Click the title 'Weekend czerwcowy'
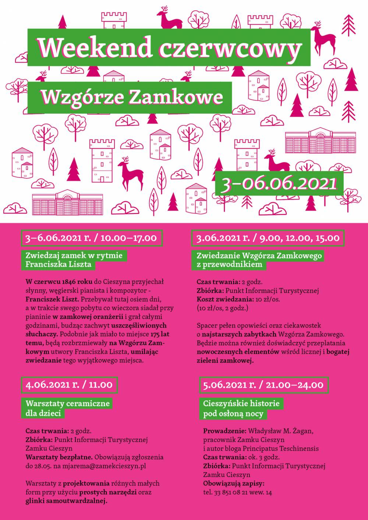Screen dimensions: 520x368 click(x=169, y=47)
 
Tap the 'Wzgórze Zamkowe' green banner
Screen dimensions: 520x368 click(x=131, y=97)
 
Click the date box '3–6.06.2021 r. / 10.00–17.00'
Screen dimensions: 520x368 click(x=91, y=238)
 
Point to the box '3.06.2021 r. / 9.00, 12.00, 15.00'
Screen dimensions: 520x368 click(x=268, y=238)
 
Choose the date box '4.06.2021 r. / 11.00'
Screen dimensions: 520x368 click(x=69, y=385)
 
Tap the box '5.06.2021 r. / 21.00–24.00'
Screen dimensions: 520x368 click(x=263, y=385)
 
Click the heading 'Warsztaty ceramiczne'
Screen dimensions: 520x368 click(x=68, y=403)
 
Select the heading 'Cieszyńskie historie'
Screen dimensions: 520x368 click(x=241, y=403)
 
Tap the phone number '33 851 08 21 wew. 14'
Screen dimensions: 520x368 click(x=243, y=492)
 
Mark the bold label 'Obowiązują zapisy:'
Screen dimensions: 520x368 click(x=234, y=484)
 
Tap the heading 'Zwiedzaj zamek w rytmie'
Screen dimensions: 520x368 click(x=74, y=255)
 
